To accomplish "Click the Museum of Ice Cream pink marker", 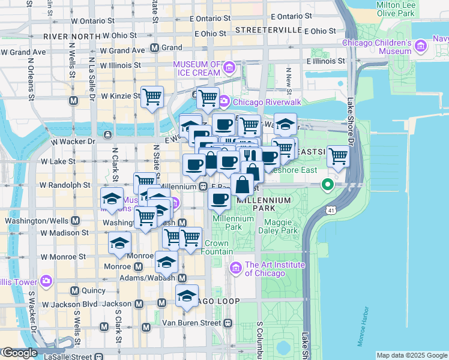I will (x=228, y=70).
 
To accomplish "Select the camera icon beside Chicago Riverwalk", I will (x=223, y=101).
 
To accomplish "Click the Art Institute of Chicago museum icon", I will (x=236, y=267).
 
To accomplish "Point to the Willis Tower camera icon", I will (x=46, y=280).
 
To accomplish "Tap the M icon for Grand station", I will (x=154, y=47).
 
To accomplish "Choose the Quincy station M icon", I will (x=74, y=291).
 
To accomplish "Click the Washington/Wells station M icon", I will (x=74, y=220).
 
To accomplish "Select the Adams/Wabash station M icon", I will (x=182, y=278).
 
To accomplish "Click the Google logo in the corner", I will (x=19, y=353).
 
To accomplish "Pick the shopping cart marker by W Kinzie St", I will (x=152, y=97).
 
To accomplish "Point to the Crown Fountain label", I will (x=216, y=248).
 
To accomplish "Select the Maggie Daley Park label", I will (x=282, y=226).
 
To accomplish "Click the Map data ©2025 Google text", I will (x=412, y=355).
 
